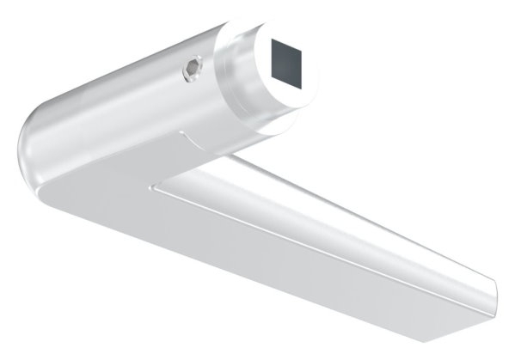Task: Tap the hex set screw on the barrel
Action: [193, 70]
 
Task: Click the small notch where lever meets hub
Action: [181, 134]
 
